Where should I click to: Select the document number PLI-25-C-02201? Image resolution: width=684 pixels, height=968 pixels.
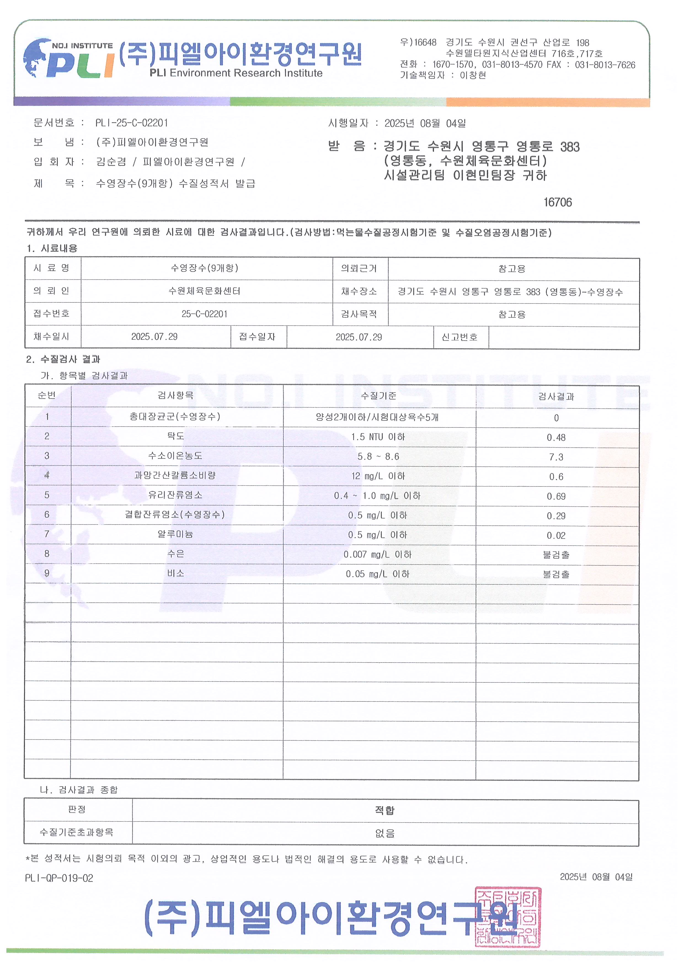tap(132, 123)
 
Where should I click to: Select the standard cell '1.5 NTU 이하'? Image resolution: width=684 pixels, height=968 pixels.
tap(378, 437)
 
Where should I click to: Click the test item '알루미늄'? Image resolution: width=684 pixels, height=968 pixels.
tap(175, 534)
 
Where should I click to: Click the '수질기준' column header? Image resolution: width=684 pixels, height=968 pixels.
tap(378, 395)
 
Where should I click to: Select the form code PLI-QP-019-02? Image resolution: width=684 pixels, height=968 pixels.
tap(59, 878)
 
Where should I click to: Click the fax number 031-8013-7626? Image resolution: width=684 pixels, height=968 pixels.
tap(605, 65)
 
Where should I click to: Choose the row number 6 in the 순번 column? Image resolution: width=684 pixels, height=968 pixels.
tap(47, 514)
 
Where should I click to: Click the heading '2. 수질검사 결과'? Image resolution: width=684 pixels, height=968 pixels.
tap(63, 359)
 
